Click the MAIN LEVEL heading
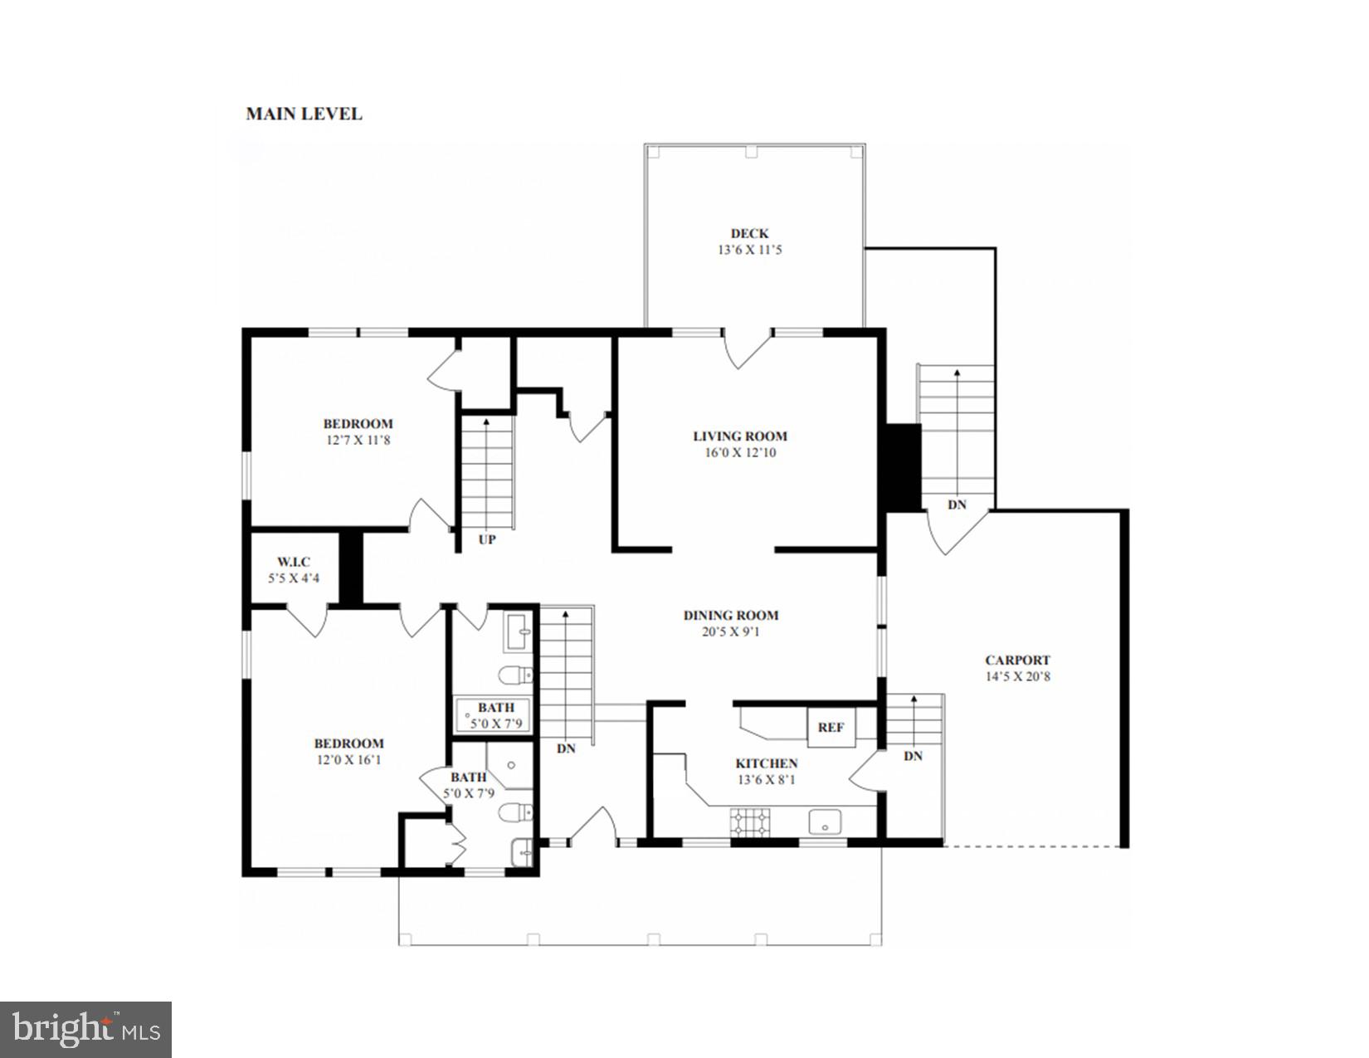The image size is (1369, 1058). tap(304, 114)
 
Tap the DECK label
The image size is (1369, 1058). tap(749, 234)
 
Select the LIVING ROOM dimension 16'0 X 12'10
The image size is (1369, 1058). tap(739, 453)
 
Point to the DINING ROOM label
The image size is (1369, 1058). tap(731, 616)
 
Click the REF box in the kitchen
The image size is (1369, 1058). tap(831, 728)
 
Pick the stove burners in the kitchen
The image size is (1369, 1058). tap(748, 822)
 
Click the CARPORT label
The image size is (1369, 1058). tap(1017, 661)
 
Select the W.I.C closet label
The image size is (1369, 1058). tap(294, 562)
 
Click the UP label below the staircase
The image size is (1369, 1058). tap(487, 539)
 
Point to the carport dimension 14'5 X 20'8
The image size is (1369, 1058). tap(1017, 676)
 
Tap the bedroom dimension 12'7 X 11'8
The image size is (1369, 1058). tap(358, 440)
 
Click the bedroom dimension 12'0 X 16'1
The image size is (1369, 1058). tap(348, 759)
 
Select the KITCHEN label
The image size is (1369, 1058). tap(767, 763)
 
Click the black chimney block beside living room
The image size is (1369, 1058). tap(903, 467)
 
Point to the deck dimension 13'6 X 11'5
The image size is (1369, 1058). tap(749, 250)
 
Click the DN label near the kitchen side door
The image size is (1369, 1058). tap(913, 756)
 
